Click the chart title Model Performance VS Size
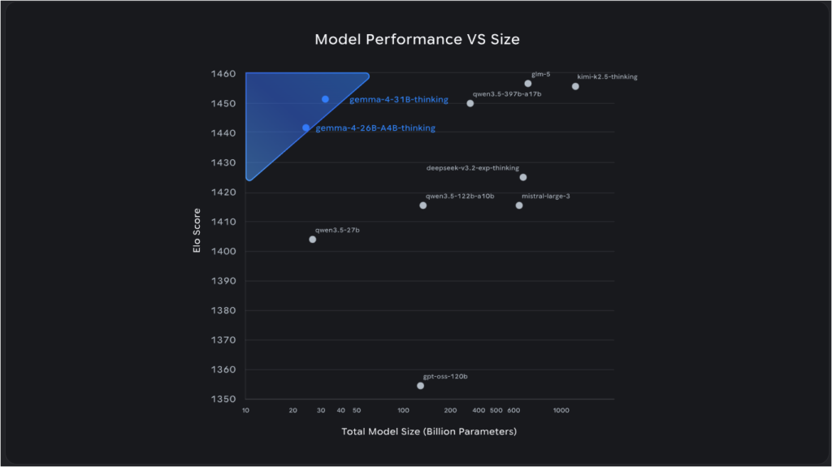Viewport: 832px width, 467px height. click(415, 39)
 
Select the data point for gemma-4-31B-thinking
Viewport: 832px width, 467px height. click(325, 99)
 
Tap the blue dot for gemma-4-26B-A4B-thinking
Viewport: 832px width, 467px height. click(306, 128)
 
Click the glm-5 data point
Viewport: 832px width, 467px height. click(528, 84)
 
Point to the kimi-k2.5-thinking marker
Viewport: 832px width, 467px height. click(575, 86)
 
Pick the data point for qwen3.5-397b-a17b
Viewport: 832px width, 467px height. click(470, 103)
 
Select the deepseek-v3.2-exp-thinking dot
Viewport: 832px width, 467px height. click(523, 177)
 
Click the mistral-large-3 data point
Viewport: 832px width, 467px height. click(519, 205)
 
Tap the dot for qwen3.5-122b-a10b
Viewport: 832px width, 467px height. click(423, 205)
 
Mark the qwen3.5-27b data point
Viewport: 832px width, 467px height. click(313, 240)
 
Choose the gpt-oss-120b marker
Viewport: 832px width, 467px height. click(420, 386)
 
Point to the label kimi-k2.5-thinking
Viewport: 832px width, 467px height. click(607, 76)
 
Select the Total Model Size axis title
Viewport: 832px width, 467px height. click(429, 431)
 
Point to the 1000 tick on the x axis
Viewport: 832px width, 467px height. click(561, 411)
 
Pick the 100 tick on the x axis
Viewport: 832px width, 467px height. click(404, 411)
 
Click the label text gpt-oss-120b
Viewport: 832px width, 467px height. click(445, 377)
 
